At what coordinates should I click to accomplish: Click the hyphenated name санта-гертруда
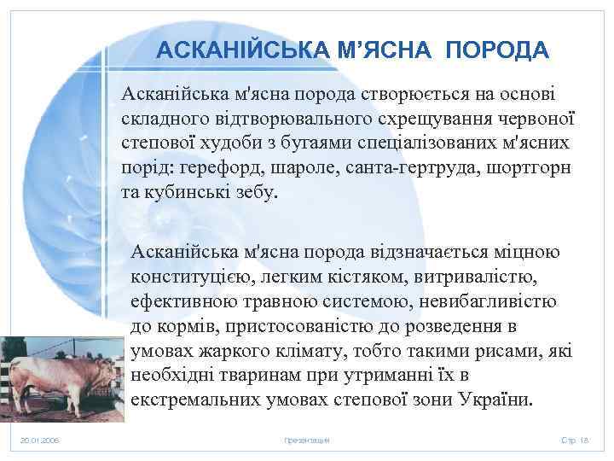tap(409, 166)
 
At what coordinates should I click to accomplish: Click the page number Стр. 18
tap(575, 440)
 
